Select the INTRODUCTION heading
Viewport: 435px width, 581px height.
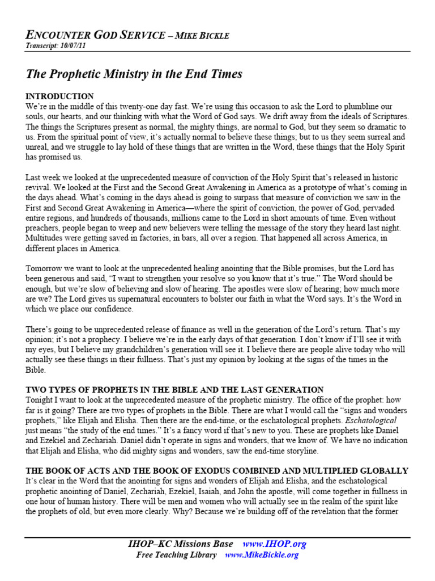(60, 96)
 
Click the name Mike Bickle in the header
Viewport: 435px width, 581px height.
(203, 36)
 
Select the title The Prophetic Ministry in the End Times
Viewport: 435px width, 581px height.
(134, 74)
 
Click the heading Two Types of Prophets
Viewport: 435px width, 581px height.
(174, 390)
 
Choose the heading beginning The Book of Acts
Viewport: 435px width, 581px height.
(217, 470)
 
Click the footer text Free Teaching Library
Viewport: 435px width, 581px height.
(176, 555)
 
